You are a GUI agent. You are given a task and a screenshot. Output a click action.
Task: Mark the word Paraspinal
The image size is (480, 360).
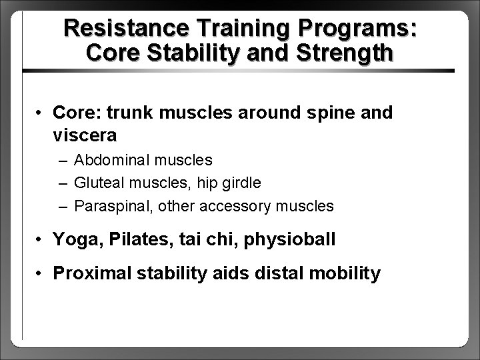click(105, 207)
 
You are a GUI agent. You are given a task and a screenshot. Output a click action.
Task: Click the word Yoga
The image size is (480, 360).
click(73, 239)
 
